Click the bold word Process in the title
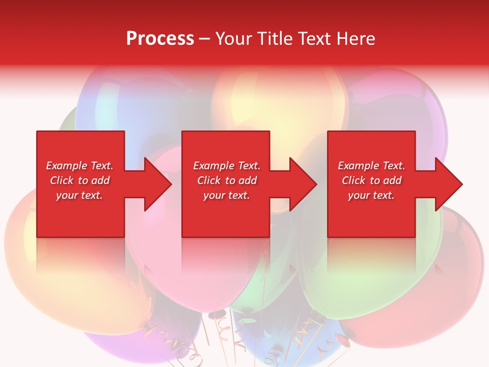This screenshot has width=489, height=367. pos(160,39)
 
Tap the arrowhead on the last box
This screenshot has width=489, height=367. pos(448,184)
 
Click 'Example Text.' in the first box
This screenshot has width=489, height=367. pos(79,166)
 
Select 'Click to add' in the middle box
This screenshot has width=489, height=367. pos(227,180)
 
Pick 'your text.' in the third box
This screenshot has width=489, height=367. pos(371,195)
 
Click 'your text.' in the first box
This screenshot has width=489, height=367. pos(79,195)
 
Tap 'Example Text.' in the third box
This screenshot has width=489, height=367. pos(371,166)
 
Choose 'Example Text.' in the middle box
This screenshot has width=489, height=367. pos(227,166)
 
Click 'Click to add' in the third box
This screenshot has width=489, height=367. pos(371,180)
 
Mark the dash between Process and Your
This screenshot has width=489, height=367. pos(204,39)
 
